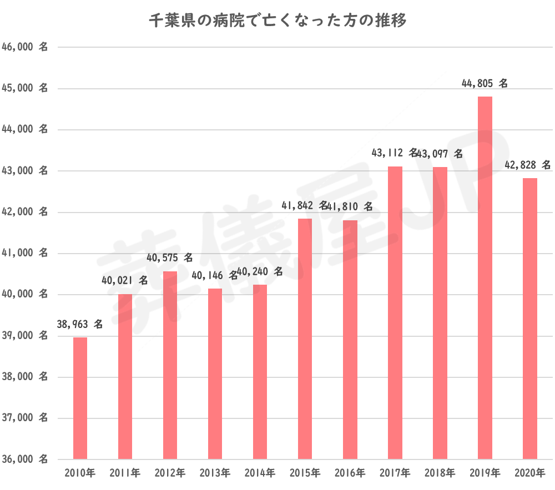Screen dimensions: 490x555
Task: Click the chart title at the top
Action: click(277, 22)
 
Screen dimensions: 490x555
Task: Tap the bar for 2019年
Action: click(485, 277)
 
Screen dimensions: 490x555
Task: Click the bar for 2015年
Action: click(305, 339)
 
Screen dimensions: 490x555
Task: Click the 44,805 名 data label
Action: click(485, 84)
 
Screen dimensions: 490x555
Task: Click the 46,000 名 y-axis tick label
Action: click(25, 48)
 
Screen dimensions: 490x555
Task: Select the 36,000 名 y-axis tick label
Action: click(25, 459)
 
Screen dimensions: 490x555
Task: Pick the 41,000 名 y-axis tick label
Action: click(25, 254)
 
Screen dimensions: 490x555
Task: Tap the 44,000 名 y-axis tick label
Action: click(25, 130)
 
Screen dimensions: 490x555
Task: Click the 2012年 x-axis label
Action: click(170, 473)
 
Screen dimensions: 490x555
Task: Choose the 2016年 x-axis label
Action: click(350, 473)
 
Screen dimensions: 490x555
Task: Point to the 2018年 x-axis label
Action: click(440, 473)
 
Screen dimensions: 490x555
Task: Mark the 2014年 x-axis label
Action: click(260, 473)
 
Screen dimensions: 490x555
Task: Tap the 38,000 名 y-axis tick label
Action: click(25, 377)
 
